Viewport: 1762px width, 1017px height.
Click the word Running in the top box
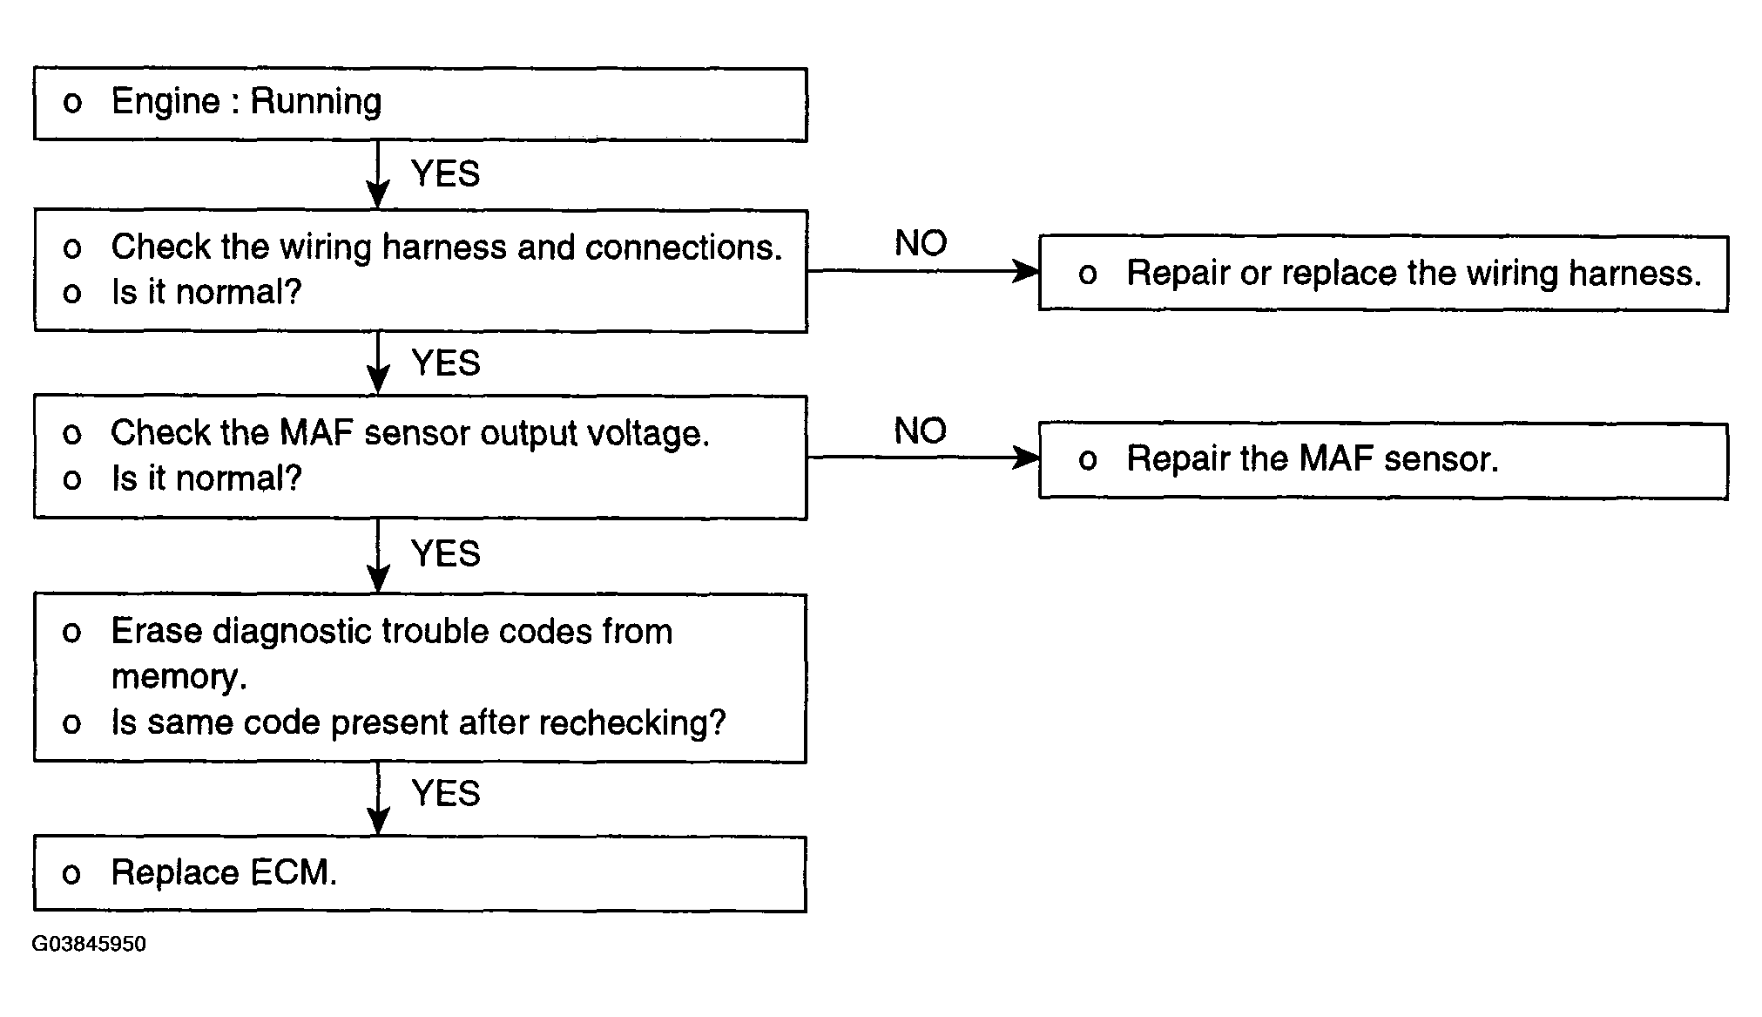pyautogui.click(x=316, y=103)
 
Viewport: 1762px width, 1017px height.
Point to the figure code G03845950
pyautogui.click(x=90, y=945)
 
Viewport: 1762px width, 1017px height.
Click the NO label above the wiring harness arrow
pyautogui.click(x=921, y=243)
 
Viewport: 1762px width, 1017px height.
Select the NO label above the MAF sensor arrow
pyautogui.click(x=921, y=431)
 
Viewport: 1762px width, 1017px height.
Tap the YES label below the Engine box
pyautogui.click(x=445, y=173)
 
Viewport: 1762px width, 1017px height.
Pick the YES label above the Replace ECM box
pyautogui.click(x=445, y=793)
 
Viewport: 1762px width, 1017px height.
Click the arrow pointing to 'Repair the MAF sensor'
pyautogui.click(x=923, y=458)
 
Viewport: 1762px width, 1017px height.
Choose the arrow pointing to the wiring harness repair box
pyautogui.click(x=923, y=271)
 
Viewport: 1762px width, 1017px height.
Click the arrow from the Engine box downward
pyautogui.click(x=378, y=174)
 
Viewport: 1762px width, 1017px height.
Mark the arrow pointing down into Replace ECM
pyautogui.click(x=378, y=799)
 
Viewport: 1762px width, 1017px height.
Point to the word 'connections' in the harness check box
pyautogui.click(x=684, y=247)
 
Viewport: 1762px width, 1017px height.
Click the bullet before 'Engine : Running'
pyautogui.click(x=72, y=104)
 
